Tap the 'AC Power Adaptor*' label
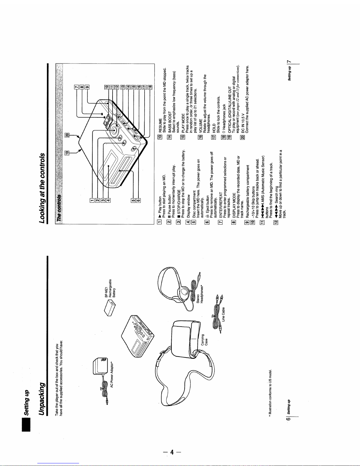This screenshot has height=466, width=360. point(111,375)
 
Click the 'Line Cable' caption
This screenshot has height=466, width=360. point(223,314)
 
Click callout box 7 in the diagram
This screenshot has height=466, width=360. point(76,87)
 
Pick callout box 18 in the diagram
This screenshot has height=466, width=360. point(150,87)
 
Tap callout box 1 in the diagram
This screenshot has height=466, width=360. point(92,200)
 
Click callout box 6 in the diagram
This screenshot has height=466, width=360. point(138,200)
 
